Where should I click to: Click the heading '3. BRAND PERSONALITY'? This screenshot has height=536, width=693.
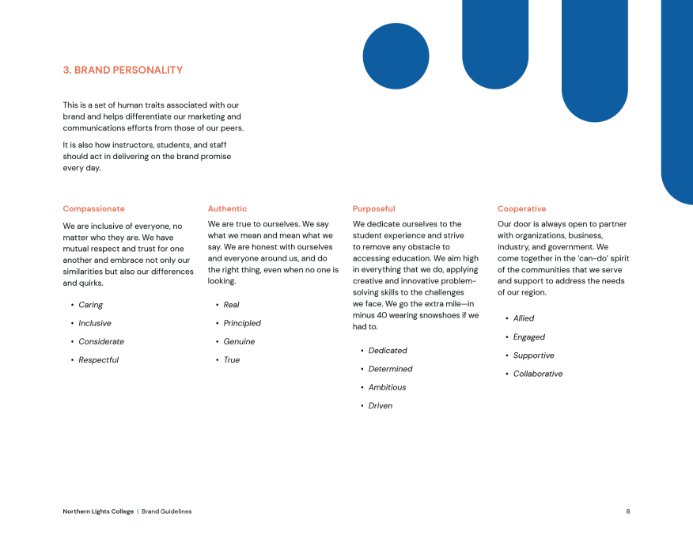tap(123, 70)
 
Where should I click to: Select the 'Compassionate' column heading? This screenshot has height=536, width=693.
tap(93, 209)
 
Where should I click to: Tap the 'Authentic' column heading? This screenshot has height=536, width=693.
tap(227, 209)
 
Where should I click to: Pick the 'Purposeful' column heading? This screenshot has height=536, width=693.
tap(373, 209)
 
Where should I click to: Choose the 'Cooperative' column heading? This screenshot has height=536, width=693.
tap(521, 209)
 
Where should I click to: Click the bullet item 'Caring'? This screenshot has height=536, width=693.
tap(90, 305)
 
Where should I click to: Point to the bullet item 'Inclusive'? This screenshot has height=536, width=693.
tap(94, 323)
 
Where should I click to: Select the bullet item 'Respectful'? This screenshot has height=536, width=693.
tap(98, 360)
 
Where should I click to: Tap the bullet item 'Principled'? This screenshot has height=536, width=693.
tap(241, 323)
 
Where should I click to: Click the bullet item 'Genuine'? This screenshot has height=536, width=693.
tap(239, 342)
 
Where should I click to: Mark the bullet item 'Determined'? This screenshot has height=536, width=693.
tap(390, 369)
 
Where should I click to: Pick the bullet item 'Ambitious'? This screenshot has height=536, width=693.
tap(387, 387)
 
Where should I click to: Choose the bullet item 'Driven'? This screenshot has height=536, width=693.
tap(380, 406)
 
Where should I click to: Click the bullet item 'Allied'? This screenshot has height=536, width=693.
tap(523, 318)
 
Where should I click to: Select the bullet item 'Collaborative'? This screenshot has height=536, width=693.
tap(537, 374)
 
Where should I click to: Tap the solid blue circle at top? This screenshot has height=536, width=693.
tap(396, 56)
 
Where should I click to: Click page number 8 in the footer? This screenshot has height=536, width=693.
tap(628, 511)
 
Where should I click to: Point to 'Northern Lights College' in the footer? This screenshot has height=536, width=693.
tap(98, 511)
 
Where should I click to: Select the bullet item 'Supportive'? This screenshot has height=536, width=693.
tap(533, 355)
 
